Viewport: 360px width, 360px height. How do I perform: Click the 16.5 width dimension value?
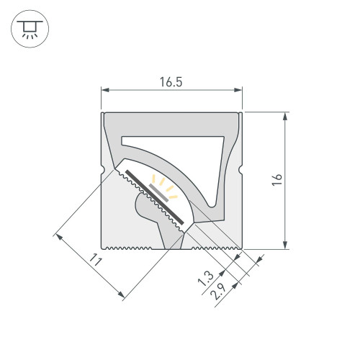(x=171, y=82)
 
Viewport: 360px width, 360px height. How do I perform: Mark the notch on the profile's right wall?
(x=240, y=171)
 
